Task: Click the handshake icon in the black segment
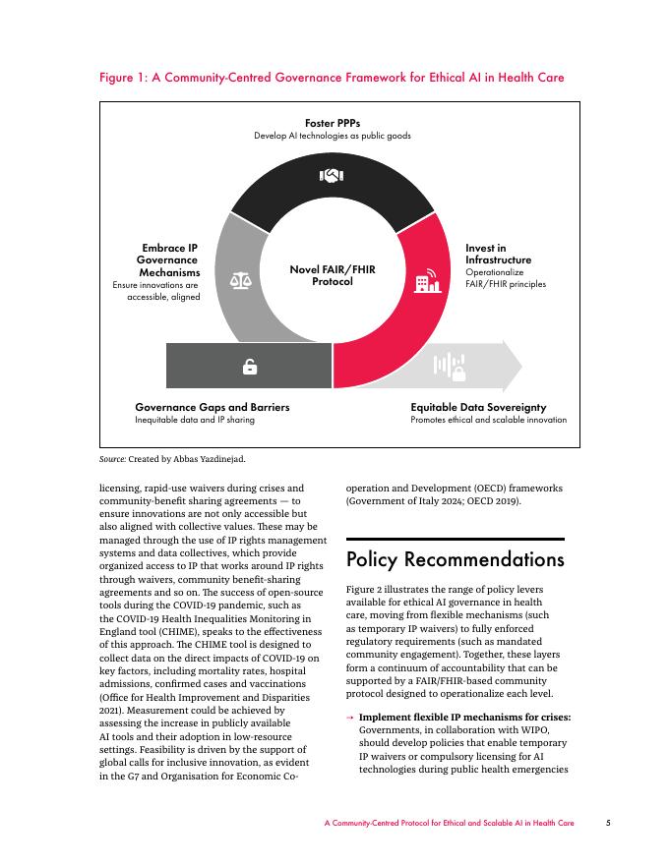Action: click(332, 176)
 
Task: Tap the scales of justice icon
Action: click(241, 280)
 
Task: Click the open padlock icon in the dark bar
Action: click(250, 367)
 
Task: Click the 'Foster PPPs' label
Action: click(332, 123)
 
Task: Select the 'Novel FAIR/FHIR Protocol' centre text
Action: click(333, 275)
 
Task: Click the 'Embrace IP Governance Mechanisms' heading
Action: click(169, 259)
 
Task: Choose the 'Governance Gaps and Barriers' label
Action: click(213, 407)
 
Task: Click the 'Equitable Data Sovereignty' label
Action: click(478, 407)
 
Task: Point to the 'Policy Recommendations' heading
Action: click(456, 560)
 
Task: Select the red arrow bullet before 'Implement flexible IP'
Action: click(350, 718)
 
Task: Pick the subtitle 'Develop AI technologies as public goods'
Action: click(332, 136)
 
